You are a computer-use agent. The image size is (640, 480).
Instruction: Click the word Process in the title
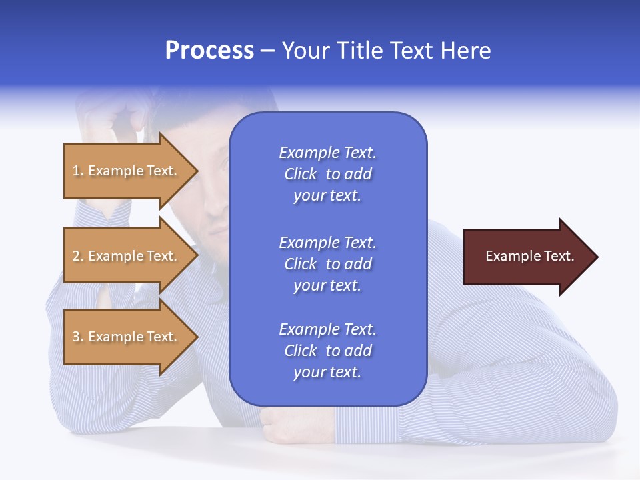point(209,51)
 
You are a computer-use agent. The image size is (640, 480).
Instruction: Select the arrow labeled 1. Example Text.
point(127,171)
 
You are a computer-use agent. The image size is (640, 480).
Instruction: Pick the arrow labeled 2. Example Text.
point(127,256)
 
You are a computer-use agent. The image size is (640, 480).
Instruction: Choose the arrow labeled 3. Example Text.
point(127,337)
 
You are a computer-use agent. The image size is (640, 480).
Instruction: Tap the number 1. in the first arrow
point(78,171)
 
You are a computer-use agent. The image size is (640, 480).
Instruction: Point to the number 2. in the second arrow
point(78,257)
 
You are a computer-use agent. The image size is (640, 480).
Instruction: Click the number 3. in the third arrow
point(78,337)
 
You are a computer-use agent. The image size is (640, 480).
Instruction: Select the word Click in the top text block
point(301,175)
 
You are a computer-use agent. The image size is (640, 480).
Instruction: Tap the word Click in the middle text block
point(301,265)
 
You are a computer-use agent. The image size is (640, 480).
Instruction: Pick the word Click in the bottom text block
point(301,351)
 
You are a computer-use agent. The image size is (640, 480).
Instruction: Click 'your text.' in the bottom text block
point(327,373)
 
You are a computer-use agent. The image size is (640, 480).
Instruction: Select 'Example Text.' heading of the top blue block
point(327,153)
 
